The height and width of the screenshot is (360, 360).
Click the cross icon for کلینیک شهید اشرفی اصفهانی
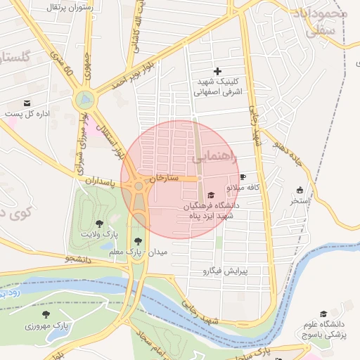point(217,71)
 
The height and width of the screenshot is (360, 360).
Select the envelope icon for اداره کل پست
point(27,103)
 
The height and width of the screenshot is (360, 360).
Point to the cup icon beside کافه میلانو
point(243,176)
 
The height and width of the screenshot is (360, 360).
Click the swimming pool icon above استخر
point(300,189)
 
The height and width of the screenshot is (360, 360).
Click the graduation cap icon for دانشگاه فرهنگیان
point(212,195)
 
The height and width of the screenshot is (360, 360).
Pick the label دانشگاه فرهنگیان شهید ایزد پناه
point(212,210)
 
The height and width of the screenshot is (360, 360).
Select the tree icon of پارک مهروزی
point(46,315)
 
